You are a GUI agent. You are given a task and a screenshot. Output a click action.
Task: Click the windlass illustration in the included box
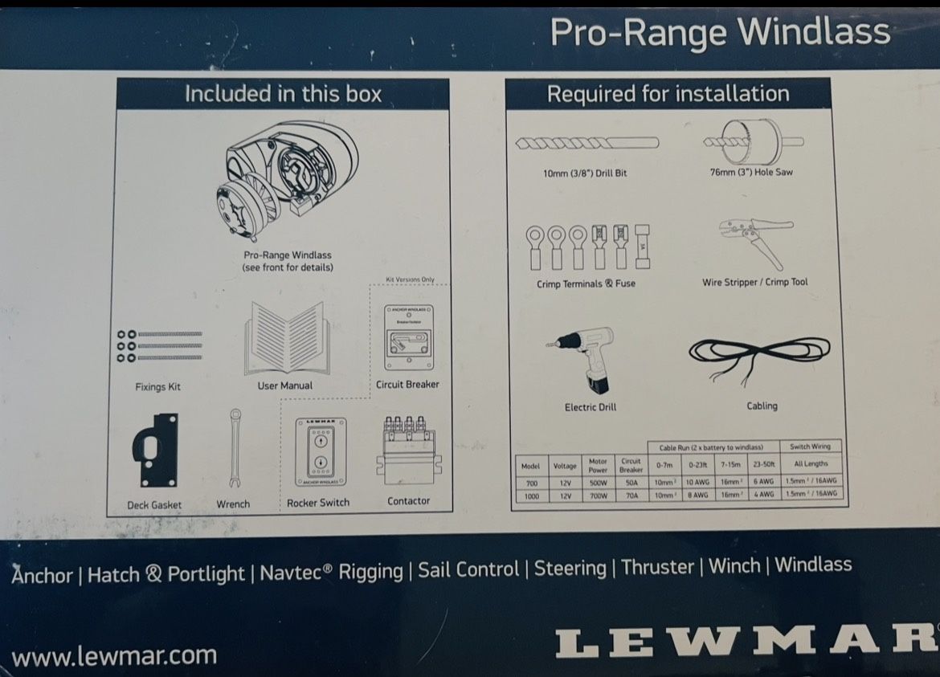point(284,184)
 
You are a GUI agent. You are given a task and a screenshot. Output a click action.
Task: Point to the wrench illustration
point(234,447)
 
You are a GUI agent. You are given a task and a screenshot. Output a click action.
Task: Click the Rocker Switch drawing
point(320,451)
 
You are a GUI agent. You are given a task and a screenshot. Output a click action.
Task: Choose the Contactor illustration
point(407,450)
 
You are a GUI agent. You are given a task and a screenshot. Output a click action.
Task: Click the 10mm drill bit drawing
point(586,144)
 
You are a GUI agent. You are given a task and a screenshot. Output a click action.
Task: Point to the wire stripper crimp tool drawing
point(755,241)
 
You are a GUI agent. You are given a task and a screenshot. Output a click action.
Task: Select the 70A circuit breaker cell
point(631,495)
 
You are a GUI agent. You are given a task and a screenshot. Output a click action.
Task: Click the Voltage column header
point(565,466)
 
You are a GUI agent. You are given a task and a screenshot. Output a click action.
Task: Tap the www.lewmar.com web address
point(114,655)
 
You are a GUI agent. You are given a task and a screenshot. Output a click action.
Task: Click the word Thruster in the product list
point(658,567)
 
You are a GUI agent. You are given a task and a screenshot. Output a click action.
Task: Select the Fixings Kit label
point(157,387)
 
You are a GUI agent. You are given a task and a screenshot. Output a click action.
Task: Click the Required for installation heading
point(668,94)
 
